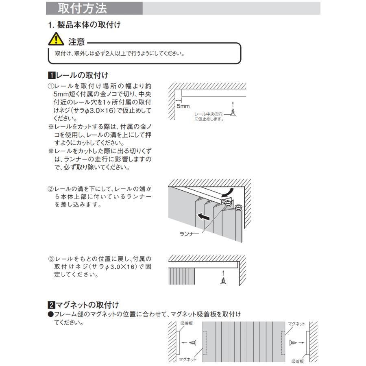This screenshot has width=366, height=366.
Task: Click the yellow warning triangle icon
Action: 56,39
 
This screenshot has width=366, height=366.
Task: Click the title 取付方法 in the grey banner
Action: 83,9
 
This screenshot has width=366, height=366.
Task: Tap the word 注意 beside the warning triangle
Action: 76,42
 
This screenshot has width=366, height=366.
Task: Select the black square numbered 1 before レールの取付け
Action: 52,75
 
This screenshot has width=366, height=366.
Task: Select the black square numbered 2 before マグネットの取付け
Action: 51,305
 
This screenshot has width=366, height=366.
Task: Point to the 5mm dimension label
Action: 183,106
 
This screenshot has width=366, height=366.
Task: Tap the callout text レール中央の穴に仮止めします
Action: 209,116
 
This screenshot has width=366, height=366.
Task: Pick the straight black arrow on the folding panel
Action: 204,217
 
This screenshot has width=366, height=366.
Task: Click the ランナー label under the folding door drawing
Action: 189,234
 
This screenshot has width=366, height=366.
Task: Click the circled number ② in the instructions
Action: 51,189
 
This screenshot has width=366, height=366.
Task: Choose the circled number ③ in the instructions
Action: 51,259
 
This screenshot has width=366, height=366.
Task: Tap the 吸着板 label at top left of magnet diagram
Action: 187,323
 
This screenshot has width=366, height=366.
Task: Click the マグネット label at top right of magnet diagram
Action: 296,324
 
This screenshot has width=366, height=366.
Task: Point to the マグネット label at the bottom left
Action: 187,359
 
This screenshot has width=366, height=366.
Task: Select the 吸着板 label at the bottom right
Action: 298,362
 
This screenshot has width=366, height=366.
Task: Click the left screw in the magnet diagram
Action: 193,343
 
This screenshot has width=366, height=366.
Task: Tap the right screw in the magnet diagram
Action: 293,343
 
